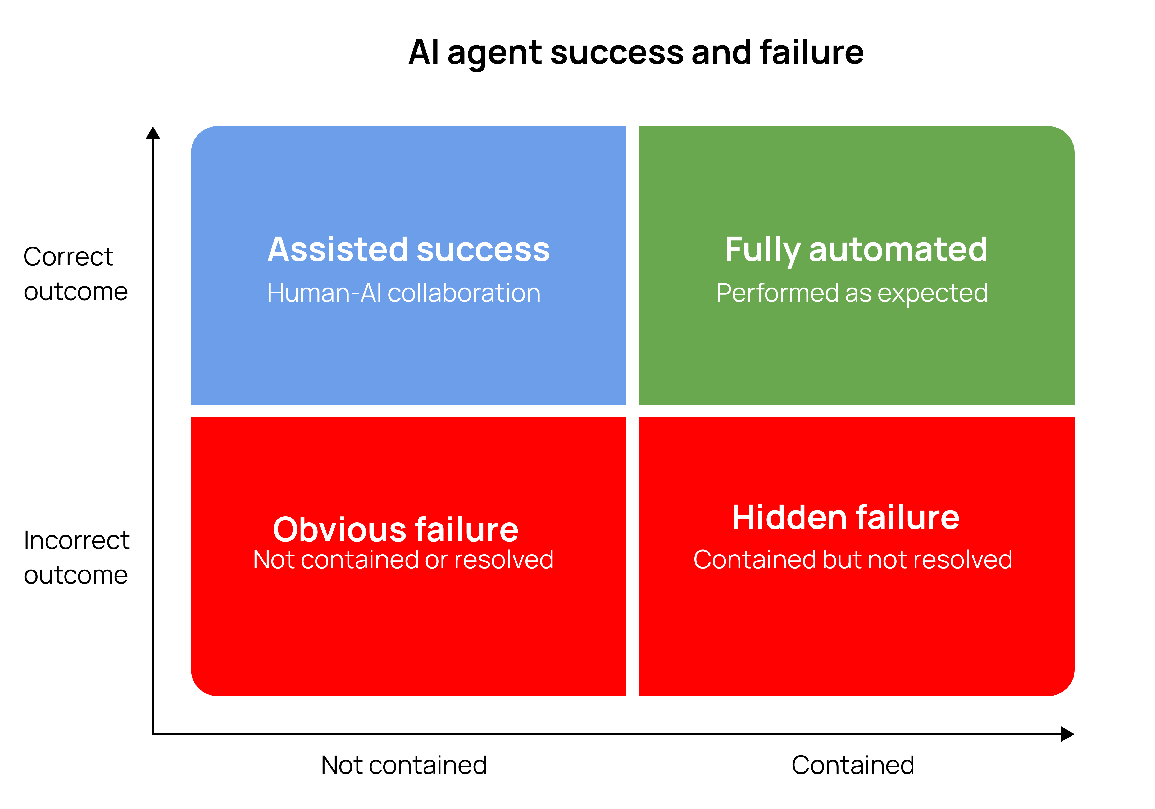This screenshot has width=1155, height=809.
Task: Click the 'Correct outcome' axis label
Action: [x=75, y=274]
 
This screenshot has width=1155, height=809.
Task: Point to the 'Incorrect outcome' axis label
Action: [x=76, y=557]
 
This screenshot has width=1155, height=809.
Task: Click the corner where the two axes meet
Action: [x=153, y=734]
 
